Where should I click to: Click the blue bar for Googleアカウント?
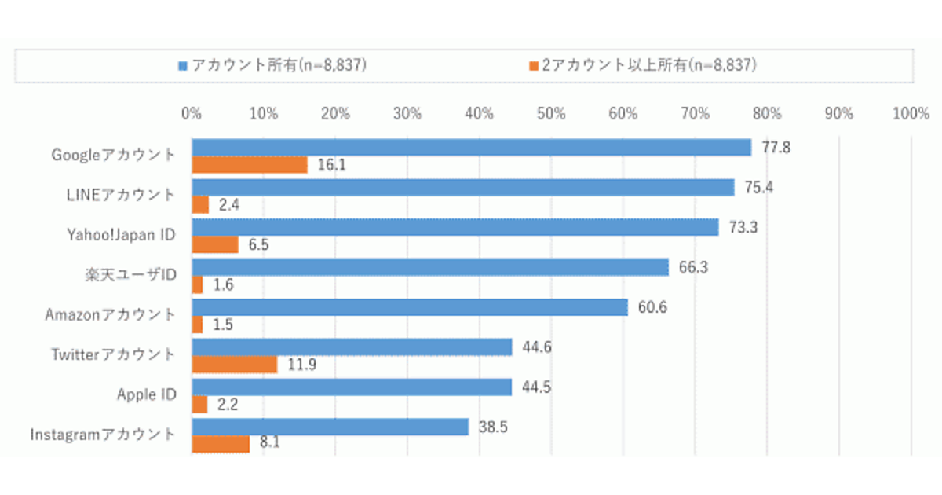pyautogui.click(x=471, y=147)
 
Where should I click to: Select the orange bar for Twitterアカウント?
pyautogui.click(x=235, y=365)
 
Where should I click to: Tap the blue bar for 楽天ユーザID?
pyautogui.click(x=430, y=267)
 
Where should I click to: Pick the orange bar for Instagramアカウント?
pyautogui.click(x=221, y=444)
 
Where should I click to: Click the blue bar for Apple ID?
pyautogui.click(x=352, y=387)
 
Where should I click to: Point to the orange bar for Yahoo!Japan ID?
pyautogui.click(x=215, y=244)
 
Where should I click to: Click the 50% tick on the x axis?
pyautogui.click(x=551, y=114)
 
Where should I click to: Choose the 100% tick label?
pyautogui.click(x=911, y=114)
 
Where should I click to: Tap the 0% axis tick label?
pyautogui.click(x=192, y=114)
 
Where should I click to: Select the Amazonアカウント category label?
pyautogui.click(x=110, y=314)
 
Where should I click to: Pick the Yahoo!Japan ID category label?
pyautogui.click(x=120, y=233)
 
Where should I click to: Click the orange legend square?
pyautogui.click(x=533, y=65)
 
